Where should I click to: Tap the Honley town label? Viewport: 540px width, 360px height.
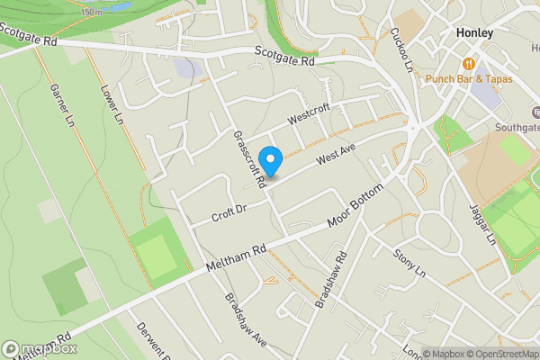(475, 33)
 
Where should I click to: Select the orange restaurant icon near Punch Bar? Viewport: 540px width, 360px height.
(468, 64)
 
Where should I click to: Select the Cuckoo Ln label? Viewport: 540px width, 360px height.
(400, 49)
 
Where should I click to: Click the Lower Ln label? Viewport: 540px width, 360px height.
(112, 105)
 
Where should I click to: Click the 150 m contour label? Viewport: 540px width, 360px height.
(91, 12)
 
